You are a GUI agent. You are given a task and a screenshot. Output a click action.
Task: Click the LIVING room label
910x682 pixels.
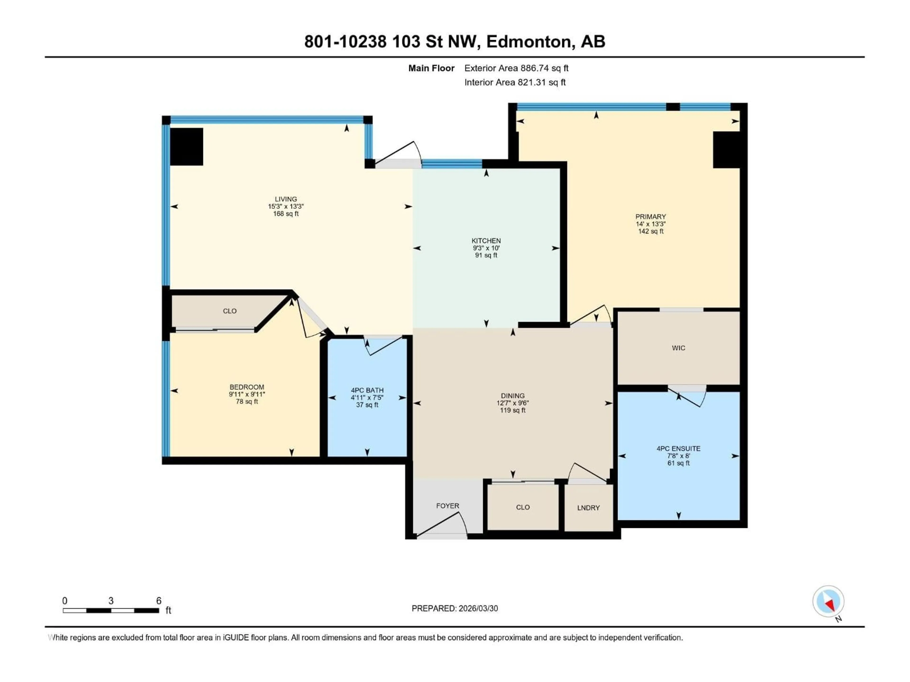(286, 199)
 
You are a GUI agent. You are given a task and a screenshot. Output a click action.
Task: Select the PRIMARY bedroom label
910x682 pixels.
(651, 217)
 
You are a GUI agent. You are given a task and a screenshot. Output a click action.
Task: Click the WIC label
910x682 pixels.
(678, 348)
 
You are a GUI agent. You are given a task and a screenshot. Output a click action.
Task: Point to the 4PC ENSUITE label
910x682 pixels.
(678, 449)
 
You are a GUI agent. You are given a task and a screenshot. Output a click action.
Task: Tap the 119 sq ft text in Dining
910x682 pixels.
(513, 410)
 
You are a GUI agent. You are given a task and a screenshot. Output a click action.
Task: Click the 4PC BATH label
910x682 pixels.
(367, 390)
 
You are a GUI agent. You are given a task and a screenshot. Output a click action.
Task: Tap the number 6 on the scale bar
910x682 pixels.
(159, 601)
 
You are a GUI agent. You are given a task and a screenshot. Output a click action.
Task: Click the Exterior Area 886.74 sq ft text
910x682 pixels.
(516, 68)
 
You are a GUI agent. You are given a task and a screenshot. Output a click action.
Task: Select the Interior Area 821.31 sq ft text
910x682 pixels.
(515, 82)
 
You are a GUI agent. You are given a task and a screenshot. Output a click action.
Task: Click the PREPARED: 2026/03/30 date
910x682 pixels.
(455, 608)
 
